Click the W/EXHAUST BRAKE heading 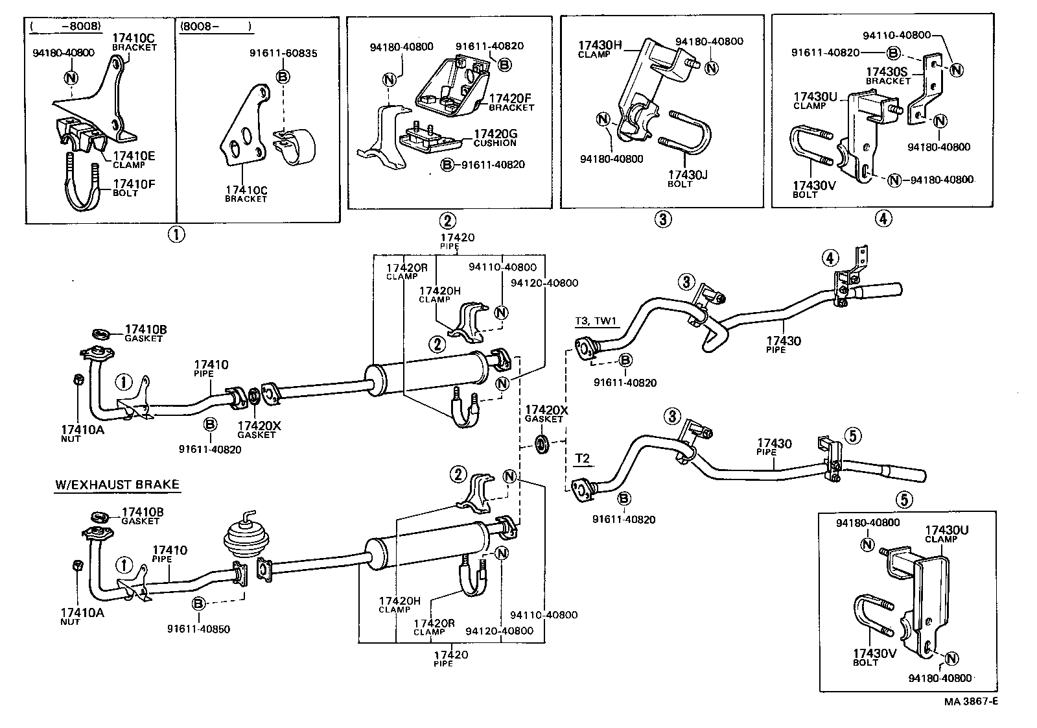(117, 485)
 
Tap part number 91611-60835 (283, 53)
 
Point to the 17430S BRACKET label (888, 76)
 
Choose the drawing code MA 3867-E (970, 701)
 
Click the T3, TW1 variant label (596, 321)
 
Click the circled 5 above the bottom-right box (905, 499)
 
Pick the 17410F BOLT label (134, 188)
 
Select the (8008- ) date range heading (216, 28)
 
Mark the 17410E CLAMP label (134, 160)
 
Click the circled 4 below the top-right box (882, 219)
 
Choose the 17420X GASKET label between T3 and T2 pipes (546, 413)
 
